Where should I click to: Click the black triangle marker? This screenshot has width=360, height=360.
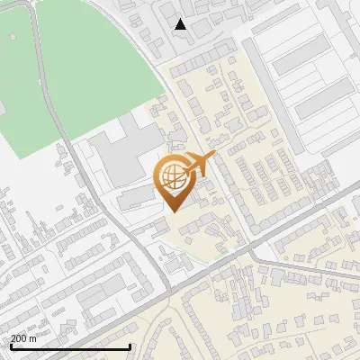pos(181,24)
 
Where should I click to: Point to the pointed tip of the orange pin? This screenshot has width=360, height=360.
pos(173,211)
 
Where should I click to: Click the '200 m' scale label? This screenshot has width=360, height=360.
pos(23,338)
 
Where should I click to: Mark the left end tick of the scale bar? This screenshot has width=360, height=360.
pos(10,346)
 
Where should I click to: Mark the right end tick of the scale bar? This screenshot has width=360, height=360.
pos(130,346)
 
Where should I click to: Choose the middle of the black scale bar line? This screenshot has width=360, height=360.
pos(70,346)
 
